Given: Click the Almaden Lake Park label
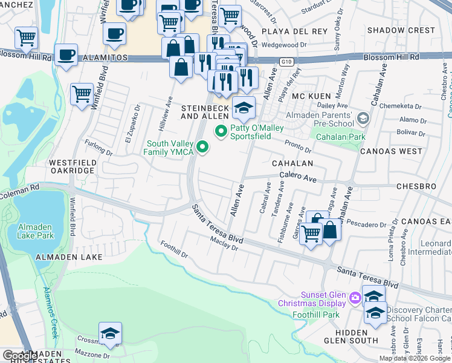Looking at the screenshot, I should click(34, 231).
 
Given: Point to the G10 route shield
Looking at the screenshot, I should click(286, 62).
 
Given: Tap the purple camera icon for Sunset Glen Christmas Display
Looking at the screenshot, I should click(355, 297).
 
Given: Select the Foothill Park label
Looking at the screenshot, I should click(315, 314).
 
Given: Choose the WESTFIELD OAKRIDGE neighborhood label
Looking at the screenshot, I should click(72, 166).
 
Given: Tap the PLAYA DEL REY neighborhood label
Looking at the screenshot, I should click(294, 31).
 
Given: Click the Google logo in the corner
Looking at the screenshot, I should click(20, 356).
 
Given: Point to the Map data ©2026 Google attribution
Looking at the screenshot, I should click(415, 358).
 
